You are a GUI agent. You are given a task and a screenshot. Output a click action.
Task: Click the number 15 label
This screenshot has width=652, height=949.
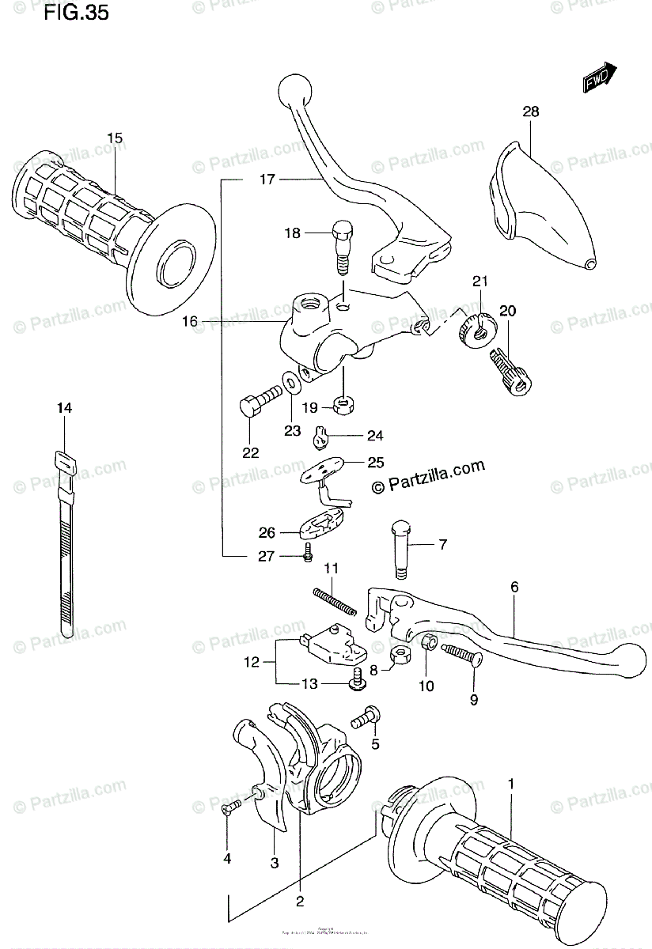[115, 138]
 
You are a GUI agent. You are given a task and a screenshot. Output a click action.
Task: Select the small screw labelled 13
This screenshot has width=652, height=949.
[357, 679]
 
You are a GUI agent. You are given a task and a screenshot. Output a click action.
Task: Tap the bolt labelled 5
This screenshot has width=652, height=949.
[366, 718]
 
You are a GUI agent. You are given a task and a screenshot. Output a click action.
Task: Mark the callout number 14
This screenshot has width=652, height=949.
[64, 408]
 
